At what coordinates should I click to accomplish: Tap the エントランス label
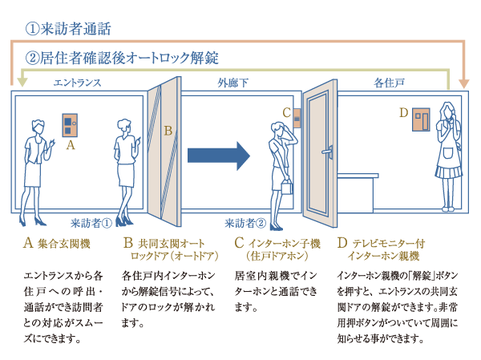[75, 83]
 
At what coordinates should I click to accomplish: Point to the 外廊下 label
[233, 83]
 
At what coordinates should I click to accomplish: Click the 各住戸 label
[388, 83]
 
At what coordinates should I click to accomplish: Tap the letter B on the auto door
[168, 130]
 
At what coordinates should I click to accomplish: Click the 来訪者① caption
[90, 223]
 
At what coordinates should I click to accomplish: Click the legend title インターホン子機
[285, 243]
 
